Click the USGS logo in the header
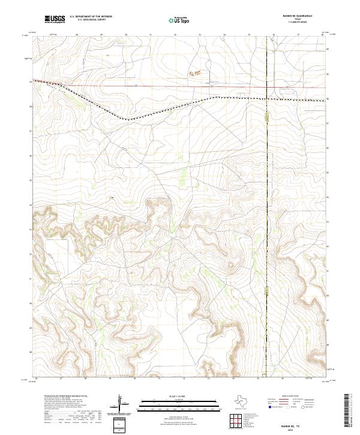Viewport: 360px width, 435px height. (55, 19)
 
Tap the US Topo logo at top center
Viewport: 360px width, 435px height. (180, 20)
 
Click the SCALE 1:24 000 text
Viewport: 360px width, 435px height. (180, 397)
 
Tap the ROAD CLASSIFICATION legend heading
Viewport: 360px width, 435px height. (292, 397)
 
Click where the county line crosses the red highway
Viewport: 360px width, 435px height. (266, 88)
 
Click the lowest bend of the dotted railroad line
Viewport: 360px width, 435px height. (127, 120)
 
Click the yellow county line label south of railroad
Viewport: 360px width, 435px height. (267, 119)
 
